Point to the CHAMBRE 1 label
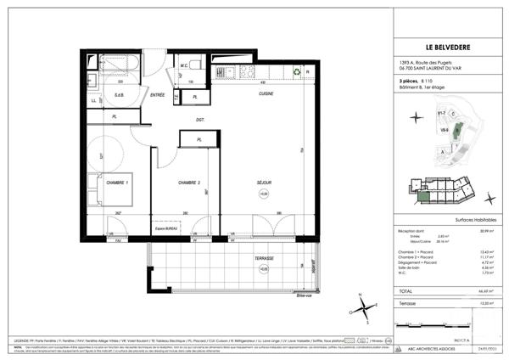[x=117, y=183]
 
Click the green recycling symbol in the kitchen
[x=294, y=72]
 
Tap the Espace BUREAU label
[x=171, y=228]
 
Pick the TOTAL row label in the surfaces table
[x=409, y=290]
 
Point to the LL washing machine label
[x=94, y=101]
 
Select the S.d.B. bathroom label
[x=120, y=96]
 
